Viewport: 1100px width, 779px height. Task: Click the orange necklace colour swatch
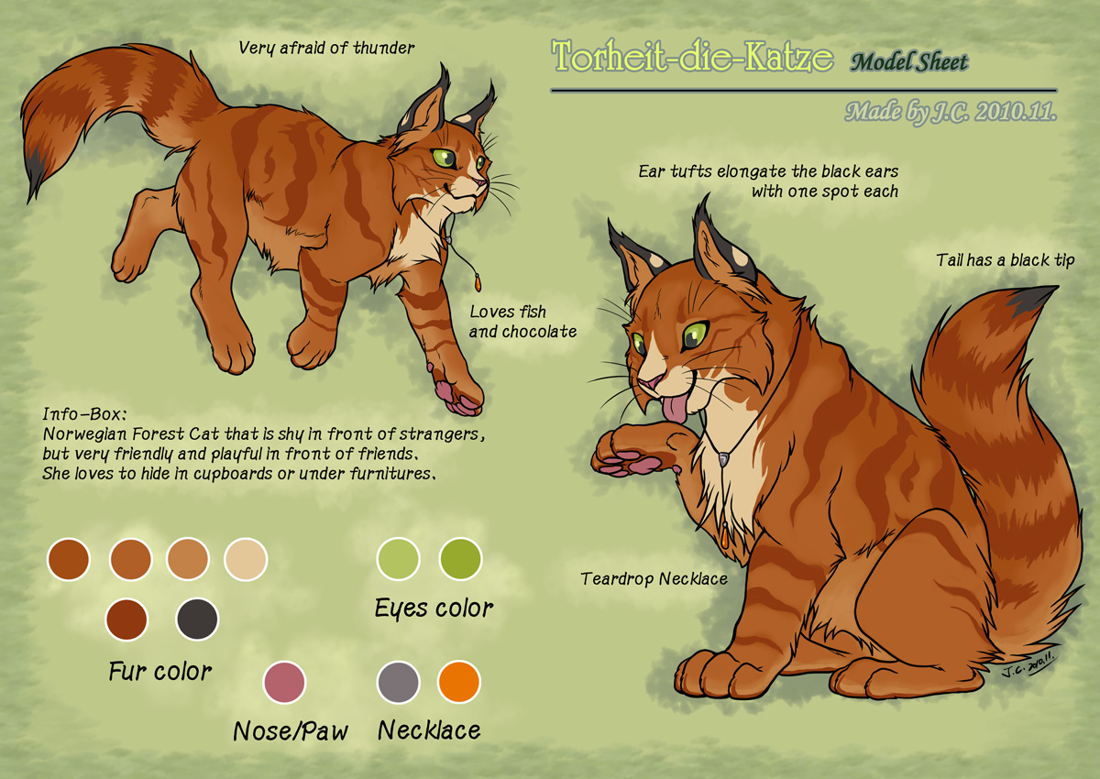point(458,682)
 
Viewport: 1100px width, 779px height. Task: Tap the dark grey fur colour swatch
point(197,619)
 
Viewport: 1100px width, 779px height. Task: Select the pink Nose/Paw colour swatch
point(284,682)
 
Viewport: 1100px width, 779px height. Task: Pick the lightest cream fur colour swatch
point(246,559)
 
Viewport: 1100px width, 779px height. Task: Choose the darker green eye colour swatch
point(460,559)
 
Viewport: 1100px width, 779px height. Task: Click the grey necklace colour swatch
point(398,682)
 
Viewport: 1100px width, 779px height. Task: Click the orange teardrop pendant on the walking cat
point(477,283)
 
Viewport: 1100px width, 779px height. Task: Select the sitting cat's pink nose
point(651,382)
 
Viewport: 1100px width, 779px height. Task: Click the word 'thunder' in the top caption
point(384,48)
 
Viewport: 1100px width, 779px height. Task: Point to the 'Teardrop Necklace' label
point(654,578)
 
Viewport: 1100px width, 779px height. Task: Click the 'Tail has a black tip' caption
point(1006,260)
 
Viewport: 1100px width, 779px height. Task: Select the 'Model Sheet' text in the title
point(909,62)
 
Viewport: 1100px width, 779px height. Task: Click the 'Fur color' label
point(160,671)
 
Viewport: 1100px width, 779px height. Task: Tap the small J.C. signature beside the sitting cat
point(1027,665)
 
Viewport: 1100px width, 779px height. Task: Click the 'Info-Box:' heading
point(84,414)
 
